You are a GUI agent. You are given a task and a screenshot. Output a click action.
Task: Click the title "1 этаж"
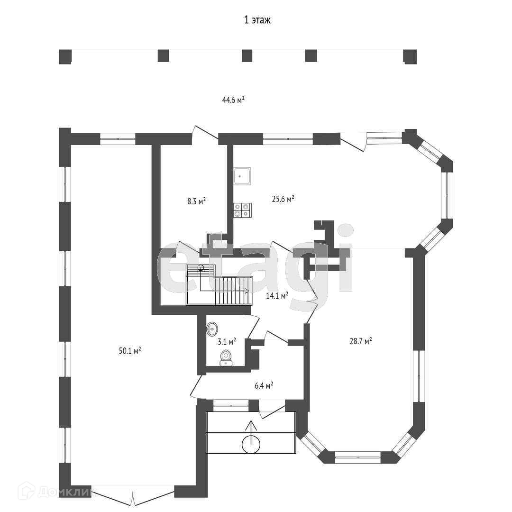click(x=257, y=20)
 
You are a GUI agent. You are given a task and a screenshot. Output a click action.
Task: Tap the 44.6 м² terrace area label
click(x=233, y=100)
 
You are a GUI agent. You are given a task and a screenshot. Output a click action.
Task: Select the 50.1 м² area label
click(x=130, y=351)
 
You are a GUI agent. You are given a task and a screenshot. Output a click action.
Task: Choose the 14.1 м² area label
click(x=277, y=296)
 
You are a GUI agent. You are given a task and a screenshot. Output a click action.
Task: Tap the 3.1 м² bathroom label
click(x=227, y=341)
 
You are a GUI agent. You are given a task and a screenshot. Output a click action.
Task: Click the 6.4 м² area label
click(x=264, y=385)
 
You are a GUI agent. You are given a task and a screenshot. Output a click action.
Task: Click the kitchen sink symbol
click(x=242, y=176)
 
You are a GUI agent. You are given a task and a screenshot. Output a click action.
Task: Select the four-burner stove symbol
click(x=242, y=210)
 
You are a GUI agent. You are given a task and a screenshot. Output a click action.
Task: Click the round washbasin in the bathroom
click(x=212, y=328)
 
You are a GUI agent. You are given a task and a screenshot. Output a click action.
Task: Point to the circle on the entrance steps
click(x=251, y=444)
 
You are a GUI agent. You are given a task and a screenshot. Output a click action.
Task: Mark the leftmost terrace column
click(x=65, y=56)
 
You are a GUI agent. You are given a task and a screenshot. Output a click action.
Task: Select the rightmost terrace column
click(x=410, y=56)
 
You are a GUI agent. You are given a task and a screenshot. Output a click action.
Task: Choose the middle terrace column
click(x=247, y=55)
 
